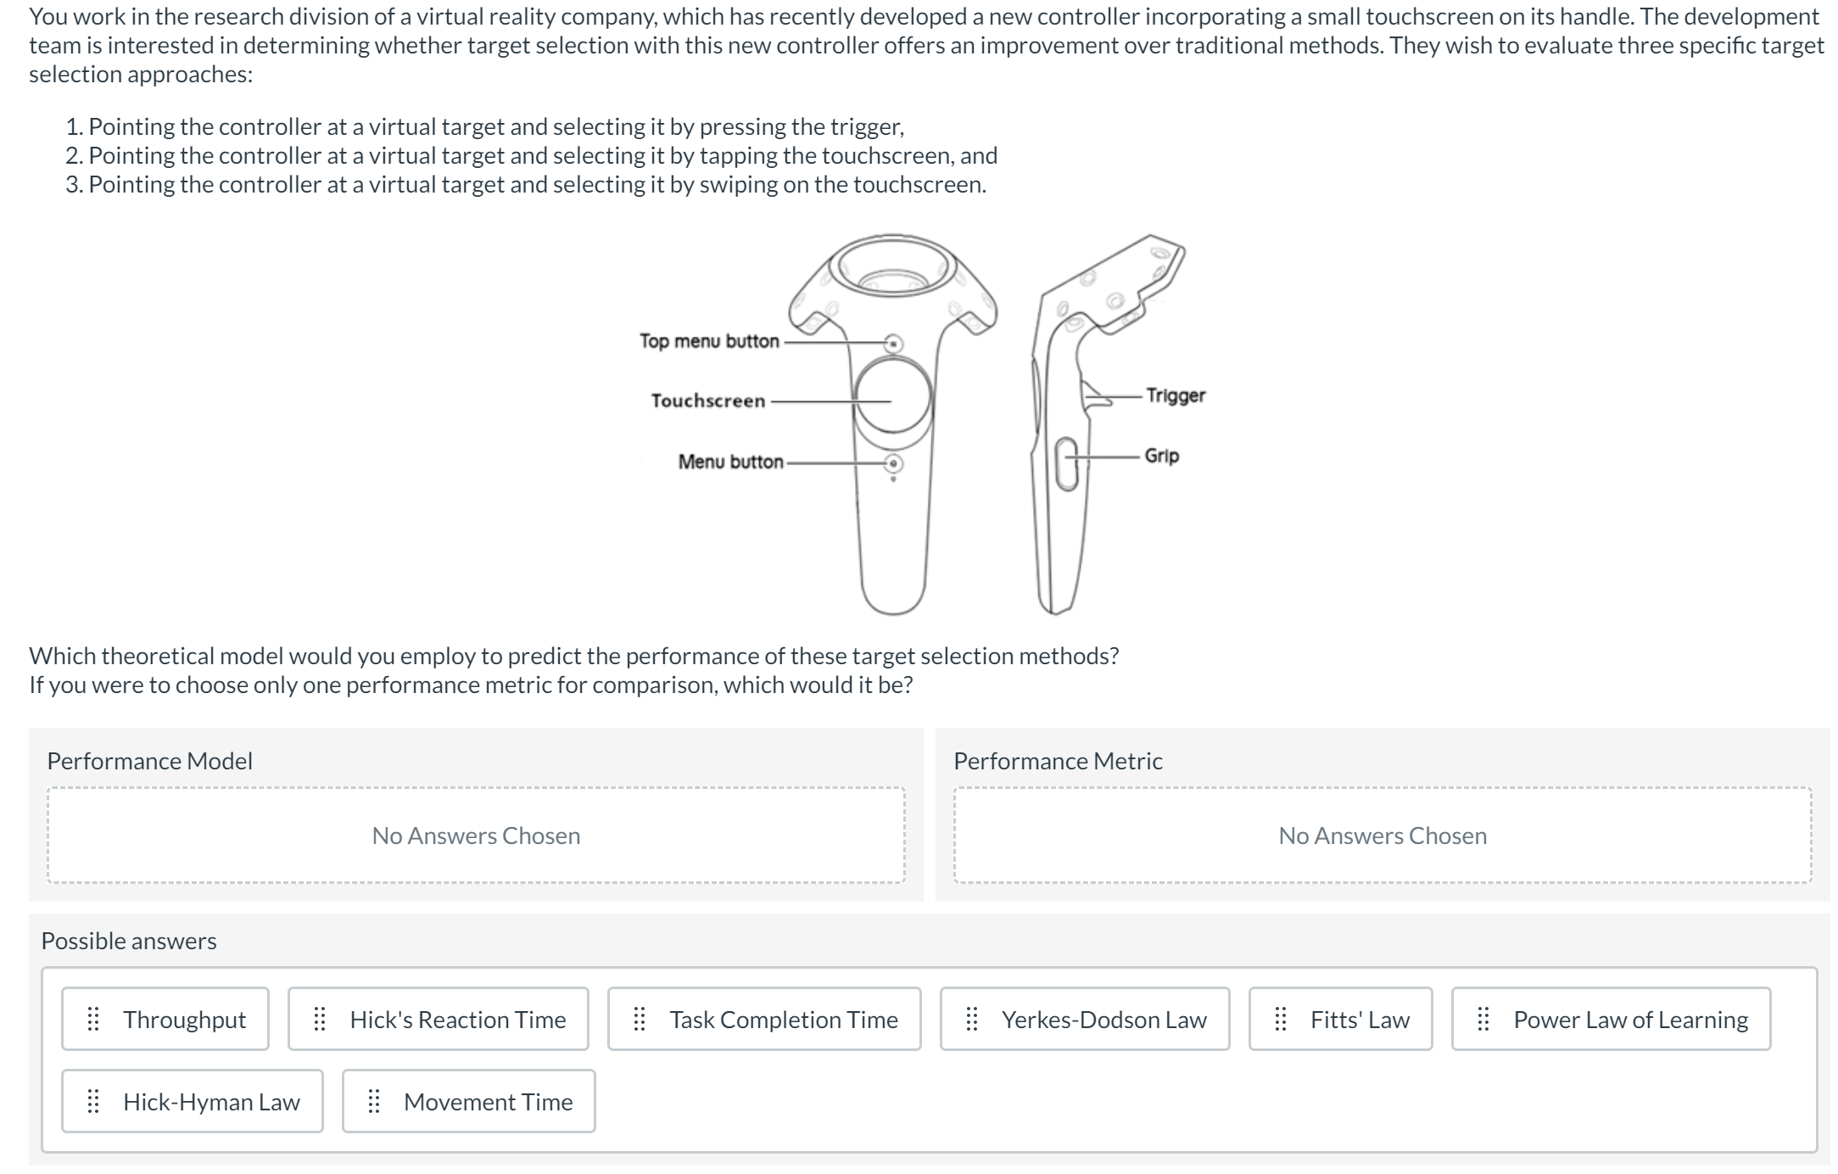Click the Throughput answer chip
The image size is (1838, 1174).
(165, 1019)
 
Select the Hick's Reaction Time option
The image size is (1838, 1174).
(438, 1019)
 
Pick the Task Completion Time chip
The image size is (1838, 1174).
(764, 1019)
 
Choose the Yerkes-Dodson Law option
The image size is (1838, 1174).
(1085, 1019)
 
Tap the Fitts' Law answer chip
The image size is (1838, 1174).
(1341, 1019)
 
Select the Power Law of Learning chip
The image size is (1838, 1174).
(1612, 1019)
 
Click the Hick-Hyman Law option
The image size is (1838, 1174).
(193, 1101)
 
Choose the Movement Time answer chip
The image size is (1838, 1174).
(469, 1101)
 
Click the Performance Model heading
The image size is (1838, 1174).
(150, 761)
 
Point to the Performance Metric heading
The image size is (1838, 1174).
(1058, 761)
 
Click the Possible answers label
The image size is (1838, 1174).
(129, 941)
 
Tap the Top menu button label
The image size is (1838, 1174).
(709, 341)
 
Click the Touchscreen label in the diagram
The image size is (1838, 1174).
(708, 400)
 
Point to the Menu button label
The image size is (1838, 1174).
(731, 461)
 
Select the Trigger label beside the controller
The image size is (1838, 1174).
(1176, 395)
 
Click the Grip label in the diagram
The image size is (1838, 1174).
(1162, 456)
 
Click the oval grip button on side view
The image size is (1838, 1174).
(1067, 463)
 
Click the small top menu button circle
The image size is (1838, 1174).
(893, 344)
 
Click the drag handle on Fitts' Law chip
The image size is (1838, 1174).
(1281, 1019)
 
